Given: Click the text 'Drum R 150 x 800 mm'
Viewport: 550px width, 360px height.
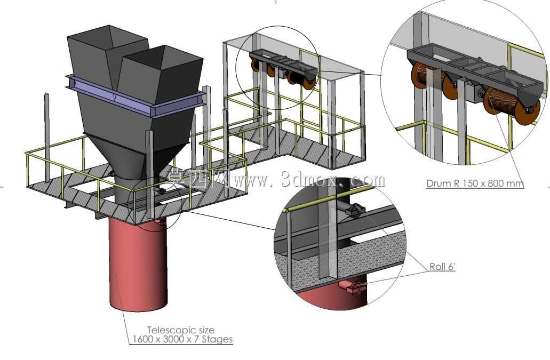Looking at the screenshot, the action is coord(475,183).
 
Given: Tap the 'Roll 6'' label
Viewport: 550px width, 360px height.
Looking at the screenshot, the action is coord(442,267).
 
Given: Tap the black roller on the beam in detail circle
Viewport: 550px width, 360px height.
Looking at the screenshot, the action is coord(354,210).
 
